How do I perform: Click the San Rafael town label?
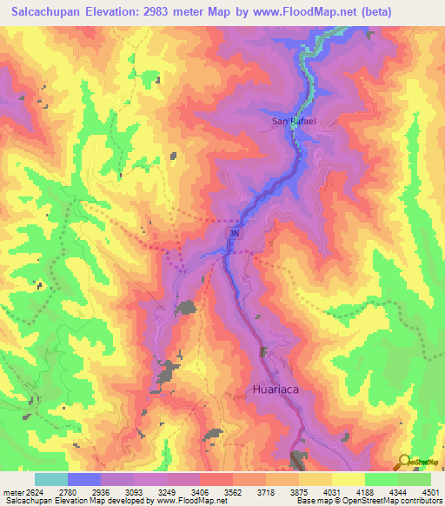[x=293, y=122]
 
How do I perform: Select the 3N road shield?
[x=234, y=234]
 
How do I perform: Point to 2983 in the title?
[x=160, y=12]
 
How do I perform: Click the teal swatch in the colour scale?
[x=50, y=479]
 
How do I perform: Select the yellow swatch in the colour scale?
[x=348, y=479]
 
